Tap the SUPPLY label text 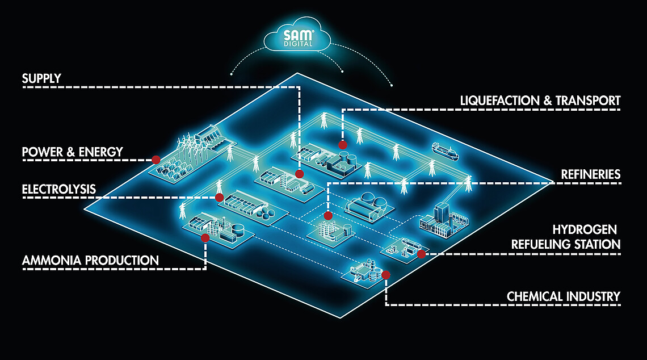coord(41,78)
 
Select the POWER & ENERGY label coord(72,152)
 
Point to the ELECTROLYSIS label coord(59,189)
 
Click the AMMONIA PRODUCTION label coord(90,261)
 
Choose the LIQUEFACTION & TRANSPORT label coord(540,101)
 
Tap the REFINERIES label coord(591,174)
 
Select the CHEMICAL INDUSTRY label coord(563,296)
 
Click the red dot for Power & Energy coord(156,160)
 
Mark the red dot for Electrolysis coord(220,197)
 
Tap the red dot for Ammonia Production coord(205,238)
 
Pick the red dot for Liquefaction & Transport coord(342,144)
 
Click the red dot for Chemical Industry coord(386,275)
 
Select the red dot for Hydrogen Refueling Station coord(421,254)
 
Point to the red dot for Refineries coord(327,216)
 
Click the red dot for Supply coord(300,174)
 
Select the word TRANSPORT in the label coord(587,101)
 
